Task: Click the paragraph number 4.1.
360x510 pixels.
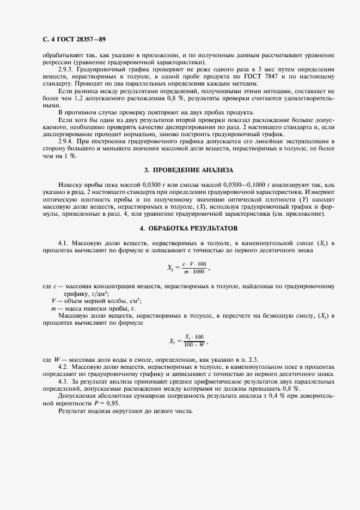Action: coord(64,241)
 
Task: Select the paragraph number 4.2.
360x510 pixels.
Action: coord(64,367)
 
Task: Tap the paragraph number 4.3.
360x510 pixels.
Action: coord(64,382)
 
